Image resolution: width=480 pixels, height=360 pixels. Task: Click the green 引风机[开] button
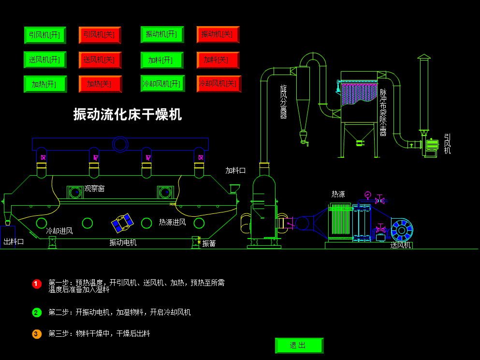[44, 35]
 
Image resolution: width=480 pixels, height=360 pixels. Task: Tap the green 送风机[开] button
[44, 60]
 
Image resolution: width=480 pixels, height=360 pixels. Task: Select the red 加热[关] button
[100, 84]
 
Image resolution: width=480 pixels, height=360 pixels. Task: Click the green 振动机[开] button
[162, 34]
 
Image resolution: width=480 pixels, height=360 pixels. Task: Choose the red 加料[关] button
[218, 60]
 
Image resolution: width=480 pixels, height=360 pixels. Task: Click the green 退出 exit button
[298, 345]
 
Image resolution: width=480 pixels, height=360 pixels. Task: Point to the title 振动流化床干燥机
[128, 115]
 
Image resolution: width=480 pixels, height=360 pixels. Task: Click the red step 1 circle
[37, 284]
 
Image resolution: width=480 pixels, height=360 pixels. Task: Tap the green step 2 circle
[37, 313]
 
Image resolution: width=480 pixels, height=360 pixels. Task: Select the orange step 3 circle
[37, 334]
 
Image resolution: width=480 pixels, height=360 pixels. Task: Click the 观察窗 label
[94, 189]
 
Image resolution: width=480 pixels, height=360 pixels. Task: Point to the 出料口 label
[14, 241]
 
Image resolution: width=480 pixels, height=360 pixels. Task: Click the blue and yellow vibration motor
[122, 223]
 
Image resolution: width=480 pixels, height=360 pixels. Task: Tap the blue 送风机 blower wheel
[402, 230]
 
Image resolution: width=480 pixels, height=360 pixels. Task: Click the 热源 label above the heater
[338, 194]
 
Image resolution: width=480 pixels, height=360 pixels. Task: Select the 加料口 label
[235, 171]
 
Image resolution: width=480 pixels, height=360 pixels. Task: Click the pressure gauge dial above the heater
[368, 195]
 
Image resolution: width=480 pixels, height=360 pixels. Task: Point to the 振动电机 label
[123, 242]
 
